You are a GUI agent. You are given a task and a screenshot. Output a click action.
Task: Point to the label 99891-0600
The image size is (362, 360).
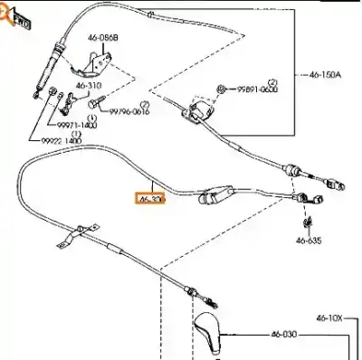[258, 91]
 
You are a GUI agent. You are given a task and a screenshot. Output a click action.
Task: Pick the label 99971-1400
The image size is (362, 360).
[78, 125]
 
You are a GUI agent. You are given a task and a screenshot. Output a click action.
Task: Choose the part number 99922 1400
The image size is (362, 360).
[62, 142]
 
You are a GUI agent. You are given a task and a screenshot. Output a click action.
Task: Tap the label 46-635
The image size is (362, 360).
[308, 241]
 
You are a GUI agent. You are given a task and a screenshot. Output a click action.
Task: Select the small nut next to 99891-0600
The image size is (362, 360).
[222, 89]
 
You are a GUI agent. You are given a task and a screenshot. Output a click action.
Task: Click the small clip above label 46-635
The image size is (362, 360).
[308, 221]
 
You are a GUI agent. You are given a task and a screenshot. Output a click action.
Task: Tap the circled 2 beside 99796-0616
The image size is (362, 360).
[144, 105]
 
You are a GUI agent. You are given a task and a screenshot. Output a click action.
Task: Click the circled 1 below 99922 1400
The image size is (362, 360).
[76, 133]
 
